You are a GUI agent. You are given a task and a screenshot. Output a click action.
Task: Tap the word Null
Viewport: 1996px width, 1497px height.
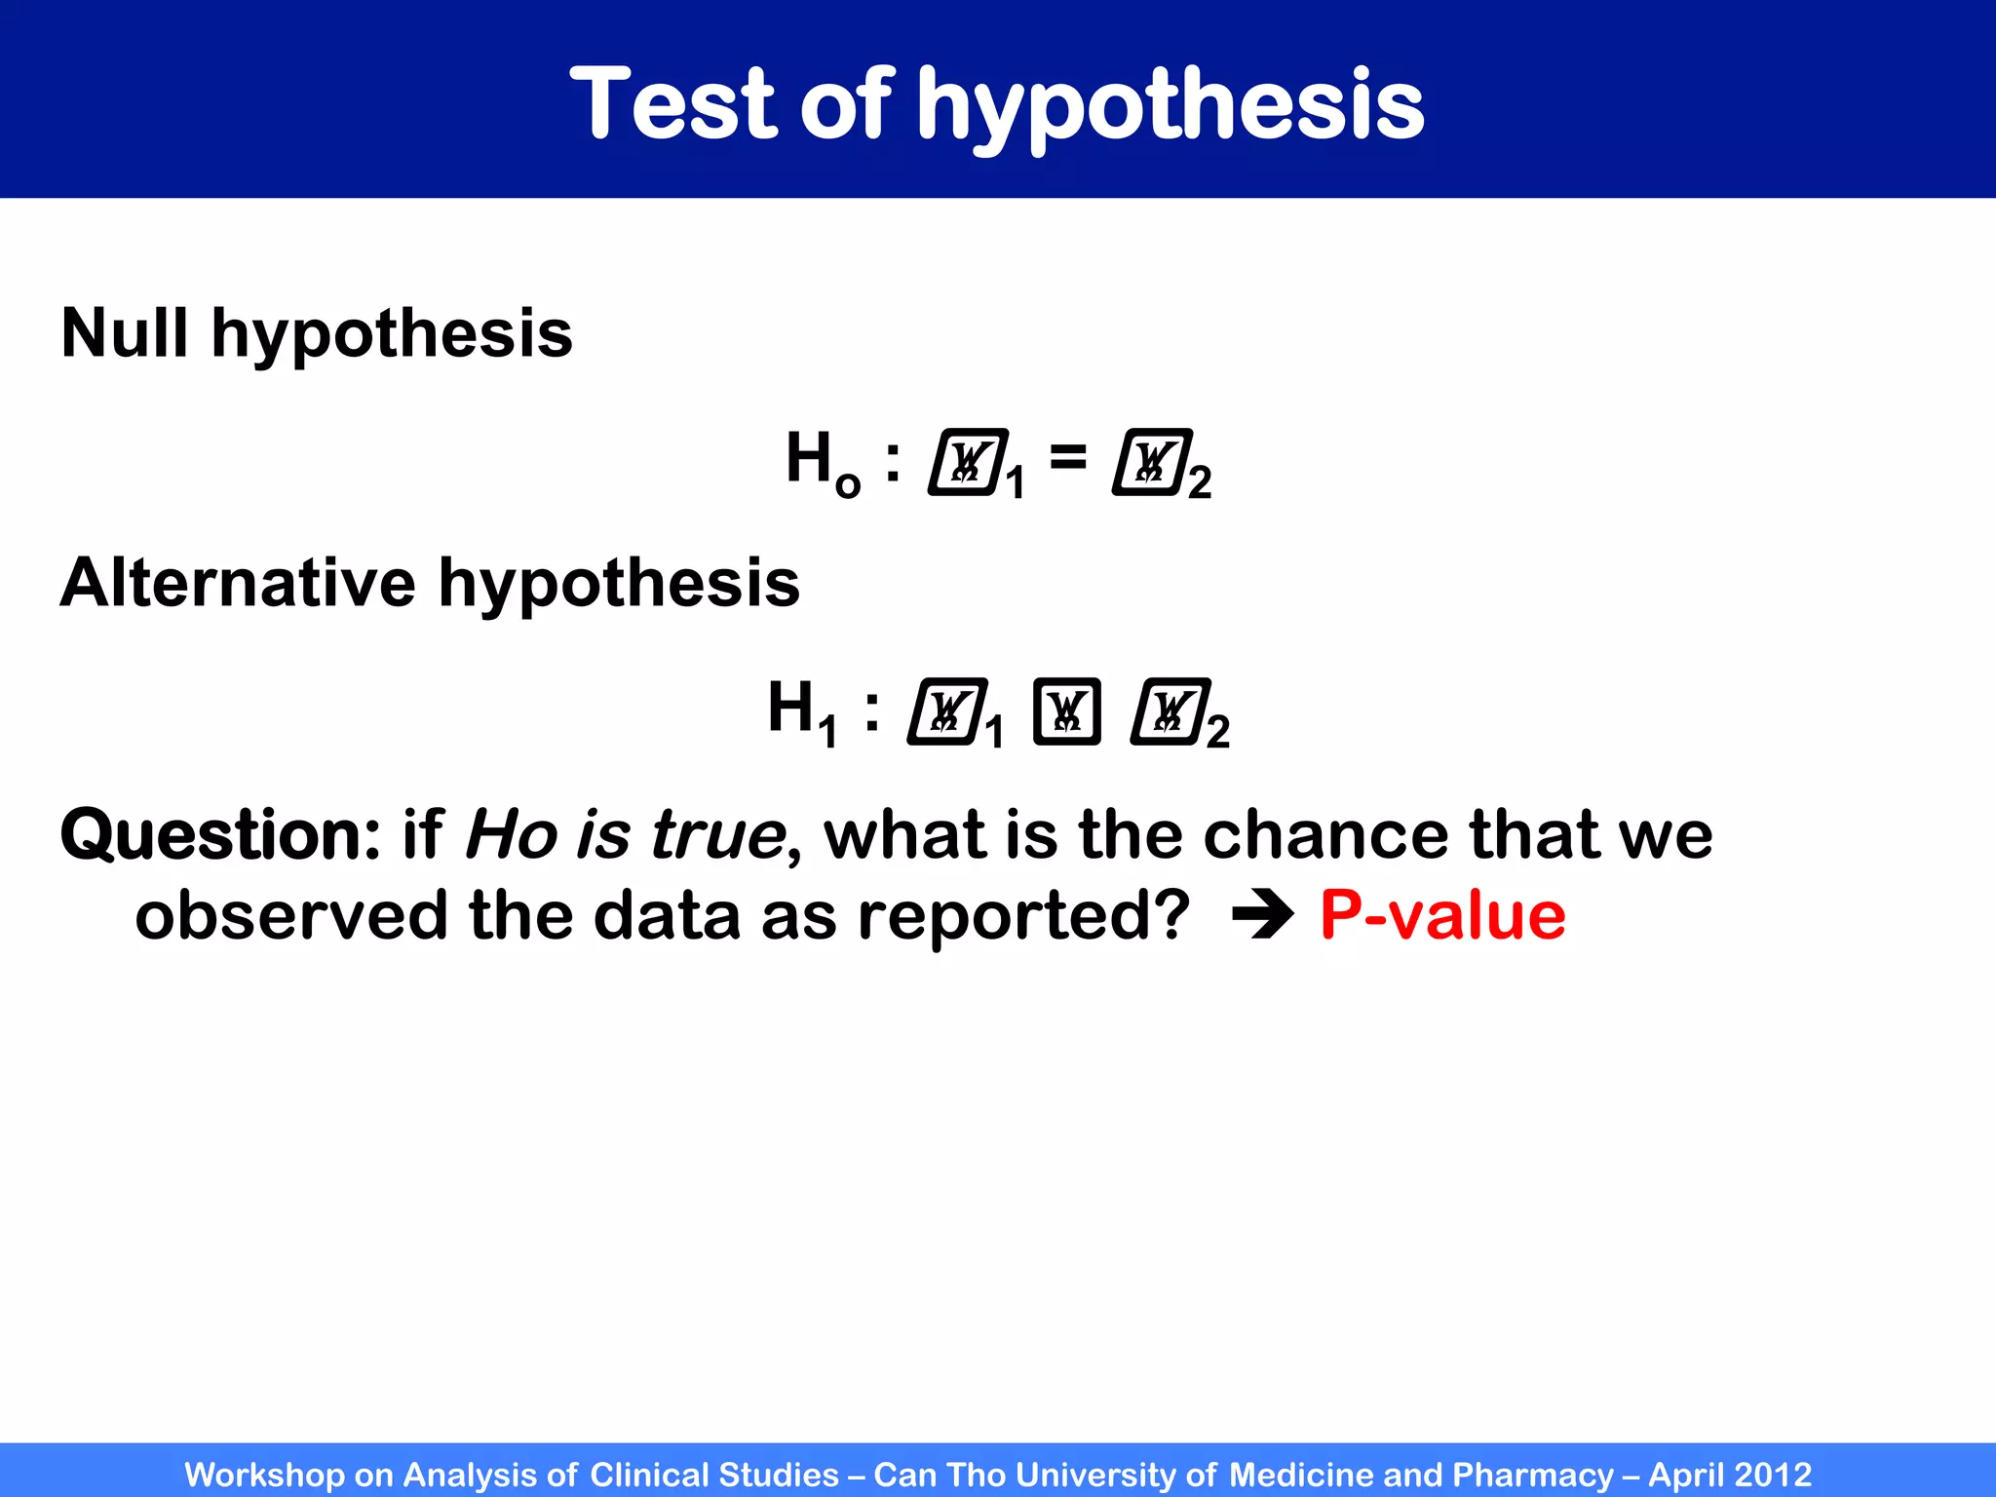[x=124, y=333]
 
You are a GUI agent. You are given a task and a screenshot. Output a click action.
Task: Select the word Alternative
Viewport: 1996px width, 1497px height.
[x=238, y=583]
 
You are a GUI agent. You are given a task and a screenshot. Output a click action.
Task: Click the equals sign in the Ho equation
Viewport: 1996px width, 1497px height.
[x=1068, y=456]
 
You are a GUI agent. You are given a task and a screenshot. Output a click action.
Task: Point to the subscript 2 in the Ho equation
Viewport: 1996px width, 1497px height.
[x=1200, y=482]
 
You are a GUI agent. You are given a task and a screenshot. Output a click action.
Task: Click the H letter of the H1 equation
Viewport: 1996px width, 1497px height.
[x=790, y=707]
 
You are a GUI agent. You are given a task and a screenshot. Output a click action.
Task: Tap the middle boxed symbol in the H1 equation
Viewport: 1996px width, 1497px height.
[x=1066, y=711]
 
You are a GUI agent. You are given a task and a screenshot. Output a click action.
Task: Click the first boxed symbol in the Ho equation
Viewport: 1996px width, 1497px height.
[x=968, y=462]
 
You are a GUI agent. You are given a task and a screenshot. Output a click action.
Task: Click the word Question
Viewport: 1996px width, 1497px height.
[x=220, y=836]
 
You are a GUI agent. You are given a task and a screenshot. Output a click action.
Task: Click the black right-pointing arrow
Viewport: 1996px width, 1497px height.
[x=1262, y=916]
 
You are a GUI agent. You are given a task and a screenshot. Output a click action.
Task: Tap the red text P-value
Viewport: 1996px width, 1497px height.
[x=1442, y=916]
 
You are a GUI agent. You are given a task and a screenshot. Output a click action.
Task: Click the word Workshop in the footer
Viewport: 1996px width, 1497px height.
[x=264, y=1475]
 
